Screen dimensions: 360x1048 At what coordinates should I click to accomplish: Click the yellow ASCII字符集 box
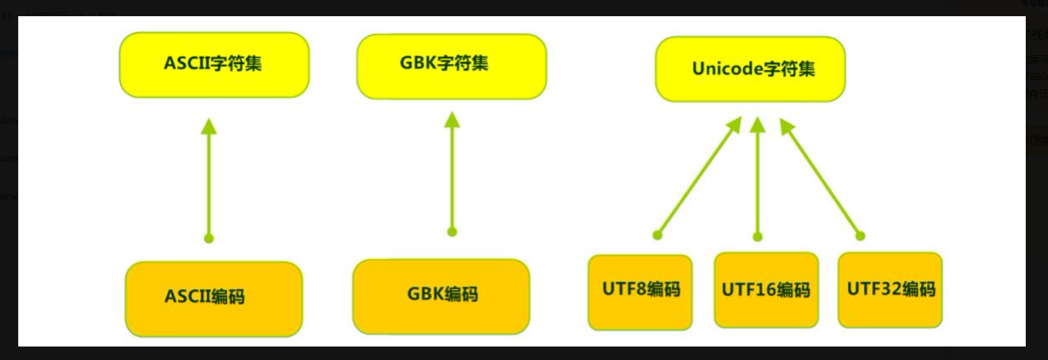tap(214, 65)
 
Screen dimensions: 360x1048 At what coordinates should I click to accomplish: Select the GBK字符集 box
tap(452, 66)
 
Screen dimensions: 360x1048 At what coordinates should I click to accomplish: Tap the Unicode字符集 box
tap(750, 69)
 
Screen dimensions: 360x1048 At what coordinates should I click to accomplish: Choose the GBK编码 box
tap(441, 296)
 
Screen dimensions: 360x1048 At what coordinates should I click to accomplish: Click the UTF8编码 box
tap(640, 292)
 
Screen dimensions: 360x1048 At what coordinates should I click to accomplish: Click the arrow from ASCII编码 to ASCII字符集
tap(209, 182)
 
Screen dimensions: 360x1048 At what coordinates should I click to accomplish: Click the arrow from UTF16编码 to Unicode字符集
tap(758, 179)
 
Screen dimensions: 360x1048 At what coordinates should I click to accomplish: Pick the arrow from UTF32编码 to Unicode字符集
tap(821, 179)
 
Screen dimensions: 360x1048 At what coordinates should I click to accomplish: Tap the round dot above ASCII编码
tap(209, 238)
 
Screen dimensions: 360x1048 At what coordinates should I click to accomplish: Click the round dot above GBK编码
tap(452, 232)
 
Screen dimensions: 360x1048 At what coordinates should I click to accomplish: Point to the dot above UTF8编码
tap(658, 235)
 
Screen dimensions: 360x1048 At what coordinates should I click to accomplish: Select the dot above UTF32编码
tap(860, 236)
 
